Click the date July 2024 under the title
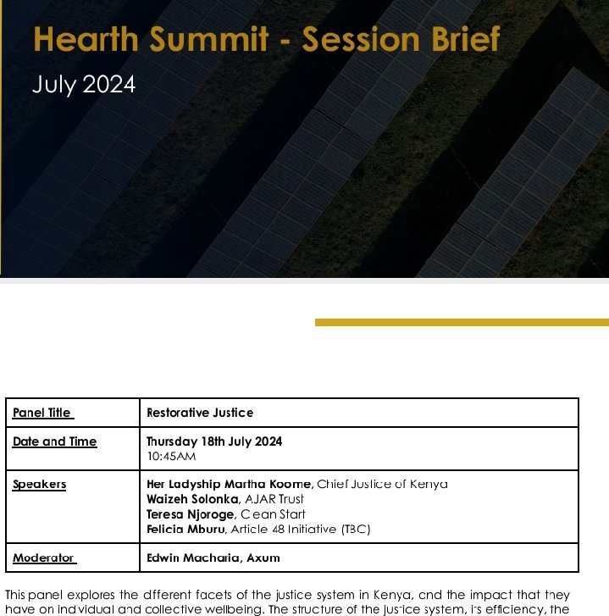point(83,86)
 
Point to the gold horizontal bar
point(462,322)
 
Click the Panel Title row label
point(42,413)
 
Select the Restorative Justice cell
point(200,413)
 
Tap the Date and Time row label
point(54,441)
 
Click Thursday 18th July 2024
point(214,441)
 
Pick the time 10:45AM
point(171,456)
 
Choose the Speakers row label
point(39,484)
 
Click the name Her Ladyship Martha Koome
point(229,484)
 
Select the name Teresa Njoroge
point(191,514)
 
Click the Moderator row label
point(44,558)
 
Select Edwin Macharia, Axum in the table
point(213,558)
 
